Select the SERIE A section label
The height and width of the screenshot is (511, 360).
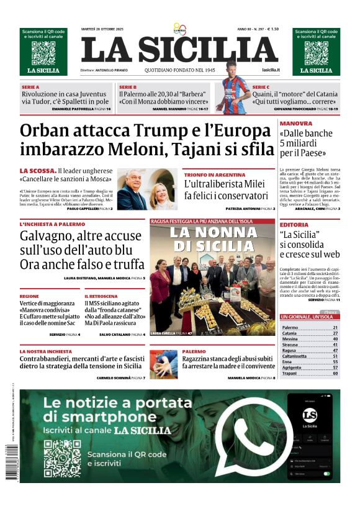[30, 87]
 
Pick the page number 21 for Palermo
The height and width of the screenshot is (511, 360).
[335, 327]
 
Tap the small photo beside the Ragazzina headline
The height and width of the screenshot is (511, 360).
[163, 364]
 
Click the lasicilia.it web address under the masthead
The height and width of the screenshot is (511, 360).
[271, 70]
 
